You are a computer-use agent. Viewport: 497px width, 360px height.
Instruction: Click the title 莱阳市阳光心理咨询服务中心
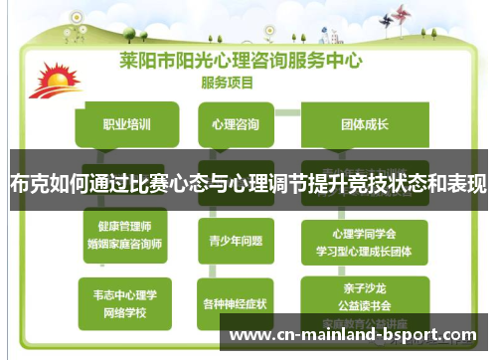[241, 59]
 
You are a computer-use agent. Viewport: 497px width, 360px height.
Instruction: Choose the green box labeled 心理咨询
[236, 125]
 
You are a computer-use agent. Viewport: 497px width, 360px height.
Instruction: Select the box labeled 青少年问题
[236, 240]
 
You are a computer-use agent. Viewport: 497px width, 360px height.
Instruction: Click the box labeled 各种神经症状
[236, 303]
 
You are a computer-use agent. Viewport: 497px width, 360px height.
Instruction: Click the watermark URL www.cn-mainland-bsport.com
[354, 335]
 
